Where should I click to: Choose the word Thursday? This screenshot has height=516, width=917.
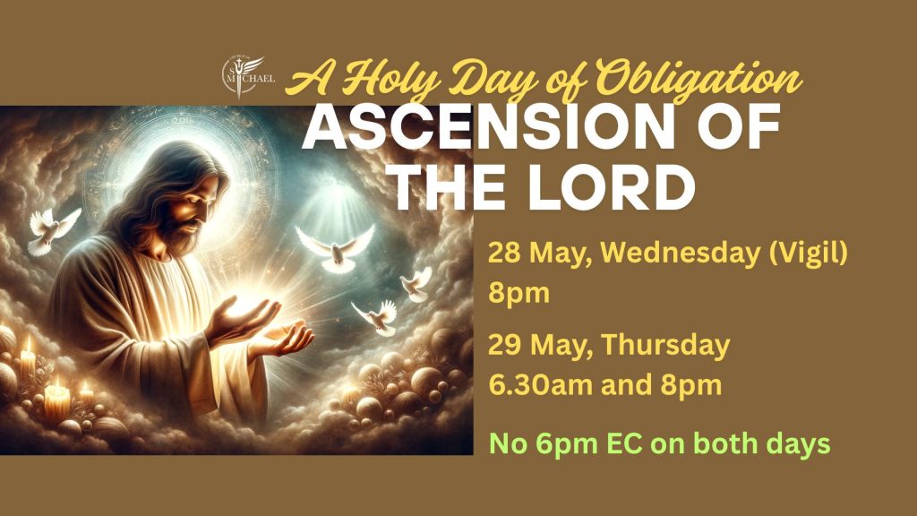[x=665, y=345]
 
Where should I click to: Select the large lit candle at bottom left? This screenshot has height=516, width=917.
[x=56, y=400]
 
